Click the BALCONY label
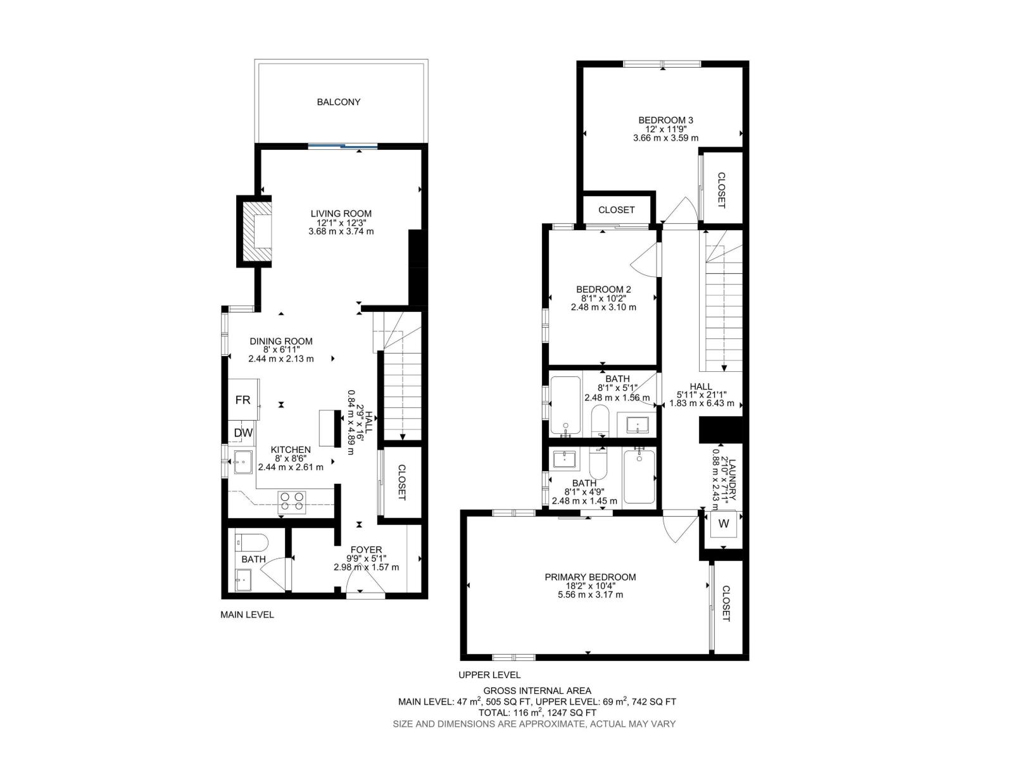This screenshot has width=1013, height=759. pos(339,102)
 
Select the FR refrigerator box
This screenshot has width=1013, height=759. pos(243,400)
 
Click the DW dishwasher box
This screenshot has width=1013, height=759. pos(243,433)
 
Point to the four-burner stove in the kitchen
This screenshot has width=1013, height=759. pos(292,501)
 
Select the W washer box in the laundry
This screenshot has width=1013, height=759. pos(724,524)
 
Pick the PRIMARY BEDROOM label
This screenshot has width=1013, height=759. pos(590,577)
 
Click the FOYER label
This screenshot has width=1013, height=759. pos(366,550)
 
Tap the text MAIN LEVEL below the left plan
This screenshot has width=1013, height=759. pos(247,614)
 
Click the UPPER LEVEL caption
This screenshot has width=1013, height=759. pos(489,675)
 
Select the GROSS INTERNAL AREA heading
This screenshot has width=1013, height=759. pos(537,691)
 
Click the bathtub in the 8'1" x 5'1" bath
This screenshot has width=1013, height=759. pos(565,405)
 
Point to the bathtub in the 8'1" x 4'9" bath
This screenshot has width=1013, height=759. pos(639,476)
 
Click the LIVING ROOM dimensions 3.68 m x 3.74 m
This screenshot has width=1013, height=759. pos(341,231)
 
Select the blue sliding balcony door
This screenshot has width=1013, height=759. pos(343,147)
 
